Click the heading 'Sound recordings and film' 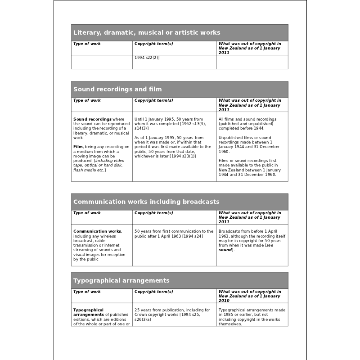[x=117, y=89]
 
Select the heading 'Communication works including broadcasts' [x=146, y=202]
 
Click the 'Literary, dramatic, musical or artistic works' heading [x=147, y=32]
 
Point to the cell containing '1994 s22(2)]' [x=147, y=58]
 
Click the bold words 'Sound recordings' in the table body [x=92, y=119]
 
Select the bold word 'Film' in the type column [x=77, y=147]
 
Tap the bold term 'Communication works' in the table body [x=97, y=231]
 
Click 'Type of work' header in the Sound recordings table [x=87, y=101]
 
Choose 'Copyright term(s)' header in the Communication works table [x=153, y=213]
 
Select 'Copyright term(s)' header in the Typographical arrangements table [x=153, y=292]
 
